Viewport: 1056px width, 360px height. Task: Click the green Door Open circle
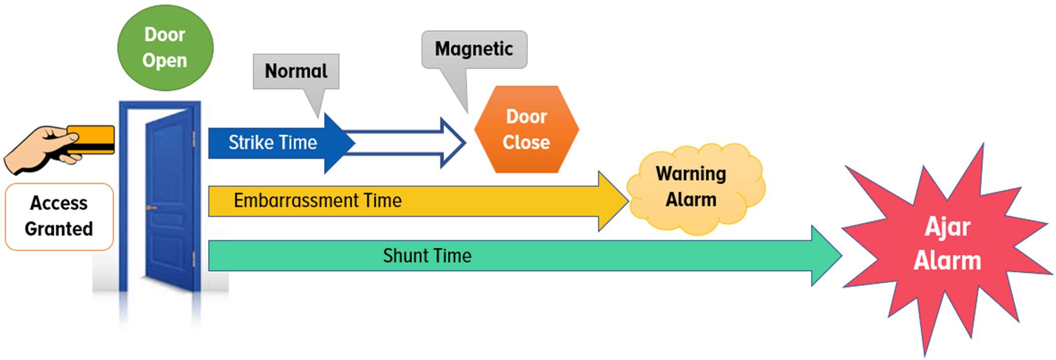[165, 48]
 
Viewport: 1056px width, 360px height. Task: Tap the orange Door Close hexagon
[526, 129]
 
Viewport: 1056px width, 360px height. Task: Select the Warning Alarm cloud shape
[694, 188]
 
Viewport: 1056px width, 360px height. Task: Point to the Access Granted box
[59, 216]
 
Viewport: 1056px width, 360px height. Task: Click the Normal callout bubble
[296, 71]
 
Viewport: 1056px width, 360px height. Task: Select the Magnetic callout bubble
[474, 49]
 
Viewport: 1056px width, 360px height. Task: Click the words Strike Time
[273, 142]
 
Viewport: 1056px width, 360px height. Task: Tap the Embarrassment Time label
[317, 201]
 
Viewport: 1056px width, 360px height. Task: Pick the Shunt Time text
[427, 256]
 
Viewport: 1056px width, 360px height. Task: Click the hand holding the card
[40, 150]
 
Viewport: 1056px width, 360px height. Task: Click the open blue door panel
[169, 201]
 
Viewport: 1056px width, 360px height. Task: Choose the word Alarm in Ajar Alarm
[947, 261]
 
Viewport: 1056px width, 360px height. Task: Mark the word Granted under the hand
[59, 229]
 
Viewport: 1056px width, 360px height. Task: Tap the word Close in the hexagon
[526, 142]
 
